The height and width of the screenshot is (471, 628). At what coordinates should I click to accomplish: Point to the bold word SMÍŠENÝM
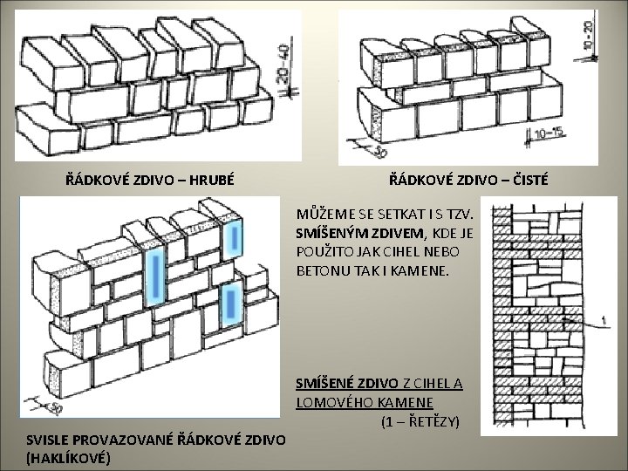(x=329, y=232)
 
